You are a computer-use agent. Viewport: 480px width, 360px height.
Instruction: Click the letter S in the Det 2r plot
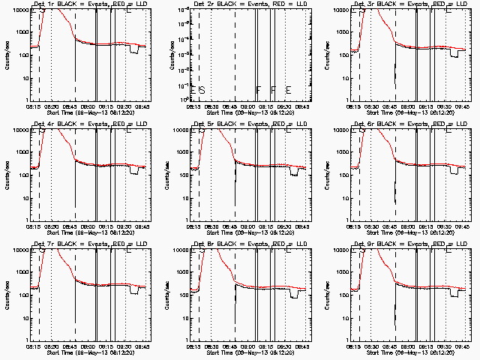202,90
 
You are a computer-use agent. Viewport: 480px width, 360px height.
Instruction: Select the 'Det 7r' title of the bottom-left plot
44,243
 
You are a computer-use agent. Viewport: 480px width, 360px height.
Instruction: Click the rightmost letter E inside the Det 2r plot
288,90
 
